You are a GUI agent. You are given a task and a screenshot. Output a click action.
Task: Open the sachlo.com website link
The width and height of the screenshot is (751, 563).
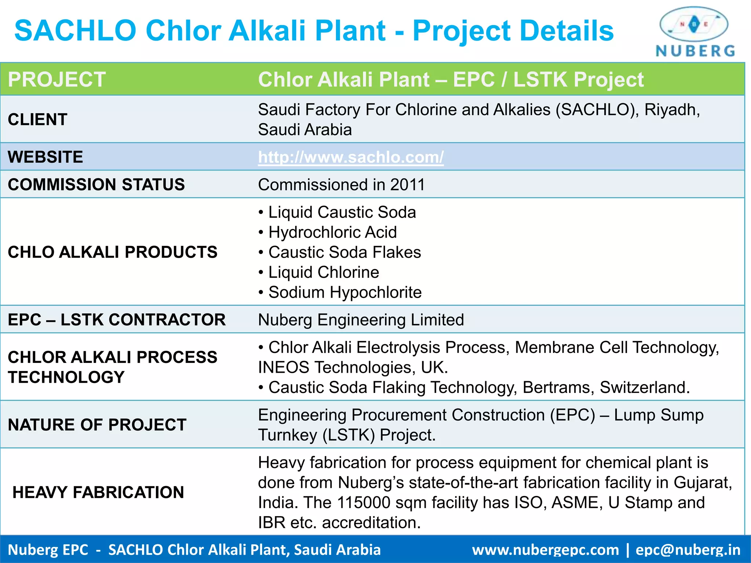[351, 157]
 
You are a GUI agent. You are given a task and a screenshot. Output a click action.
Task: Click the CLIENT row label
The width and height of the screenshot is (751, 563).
[37, 119]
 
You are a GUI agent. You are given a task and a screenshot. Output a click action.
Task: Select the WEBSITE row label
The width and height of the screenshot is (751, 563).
[45, 157]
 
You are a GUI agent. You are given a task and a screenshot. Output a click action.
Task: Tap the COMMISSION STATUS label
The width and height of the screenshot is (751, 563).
[96, 184]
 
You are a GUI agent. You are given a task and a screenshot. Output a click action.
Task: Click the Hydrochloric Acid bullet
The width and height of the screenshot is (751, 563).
[332, 232]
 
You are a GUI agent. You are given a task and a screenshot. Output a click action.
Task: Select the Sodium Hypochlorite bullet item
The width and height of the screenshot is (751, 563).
[345, 292]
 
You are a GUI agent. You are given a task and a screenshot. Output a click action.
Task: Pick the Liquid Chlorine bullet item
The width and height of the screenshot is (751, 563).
[323, 272]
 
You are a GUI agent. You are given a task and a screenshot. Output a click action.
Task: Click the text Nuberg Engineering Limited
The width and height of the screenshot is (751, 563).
[361, 320]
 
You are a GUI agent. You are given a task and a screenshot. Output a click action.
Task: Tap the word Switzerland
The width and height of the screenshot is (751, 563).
[644, 387]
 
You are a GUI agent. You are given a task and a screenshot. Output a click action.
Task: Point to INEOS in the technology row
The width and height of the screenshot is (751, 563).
[283, 367]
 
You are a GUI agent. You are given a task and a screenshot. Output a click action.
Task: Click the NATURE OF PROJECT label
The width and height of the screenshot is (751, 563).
[97, 425]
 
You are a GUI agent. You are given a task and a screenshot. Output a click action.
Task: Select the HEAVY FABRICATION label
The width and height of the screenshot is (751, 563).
[98, 492]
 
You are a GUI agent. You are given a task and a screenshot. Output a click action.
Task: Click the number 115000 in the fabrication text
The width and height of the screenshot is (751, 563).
[363, 503]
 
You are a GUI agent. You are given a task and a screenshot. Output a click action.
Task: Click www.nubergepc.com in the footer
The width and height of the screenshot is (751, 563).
[545, 550]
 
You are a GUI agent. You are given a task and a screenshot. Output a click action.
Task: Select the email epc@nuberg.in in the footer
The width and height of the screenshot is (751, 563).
[688, 550]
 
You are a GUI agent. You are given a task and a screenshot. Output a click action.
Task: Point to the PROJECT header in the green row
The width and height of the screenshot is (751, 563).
[57, 79]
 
